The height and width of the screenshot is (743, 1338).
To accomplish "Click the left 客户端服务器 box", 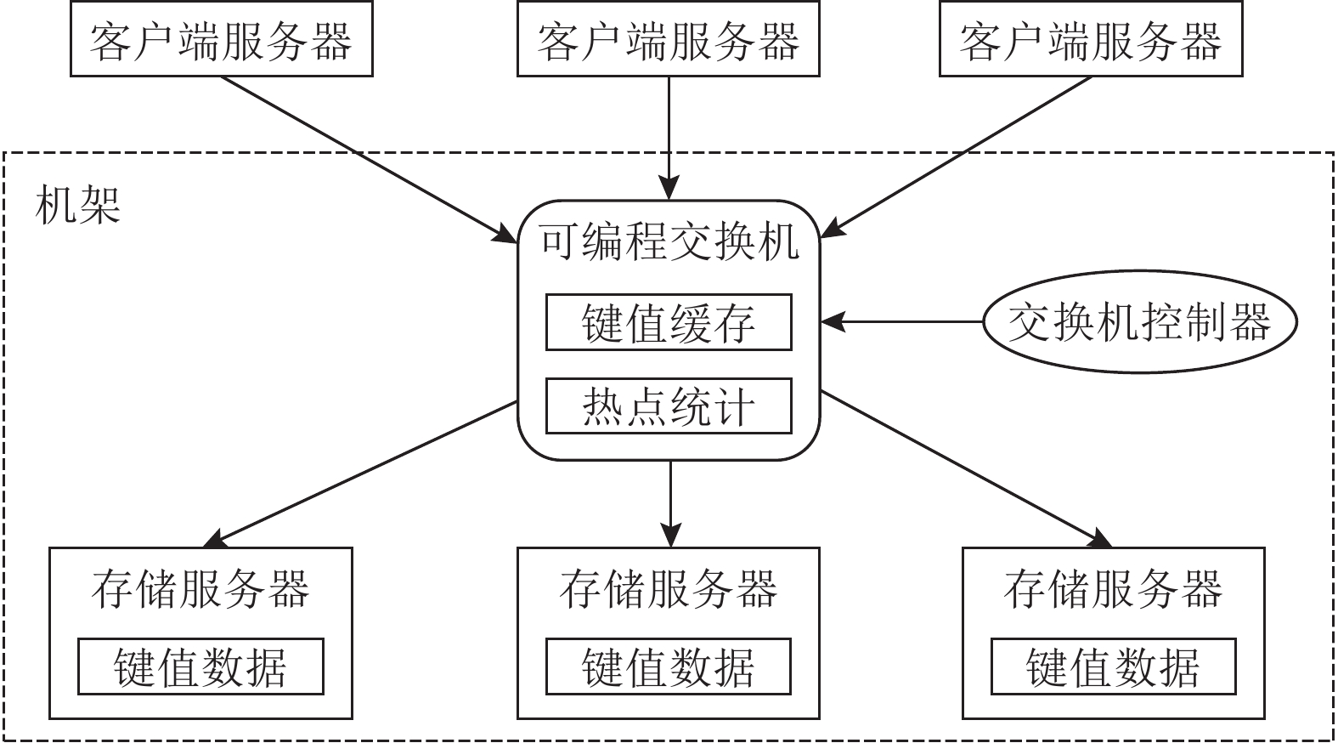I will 221,41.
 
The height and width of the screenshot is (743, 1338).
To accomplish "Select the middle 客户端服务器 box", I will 669,41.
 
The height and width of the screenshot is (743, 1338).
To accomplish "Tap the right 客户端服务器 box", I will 1091,41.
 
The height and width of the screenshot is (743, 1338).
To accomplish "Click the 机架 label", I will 78,205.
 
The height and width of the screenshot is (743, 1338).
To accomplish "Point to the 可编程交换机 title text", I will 669,241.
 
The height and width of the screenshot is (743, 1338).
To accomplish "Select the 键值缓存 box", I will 669,322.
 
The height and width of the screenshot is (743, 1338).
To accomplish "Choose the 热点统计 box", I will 669,406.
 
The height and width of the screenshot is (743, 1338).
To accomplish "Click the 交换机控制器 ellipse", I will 1139,322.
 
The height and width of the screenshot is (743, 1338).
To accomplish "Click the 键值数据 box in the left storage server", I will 200,666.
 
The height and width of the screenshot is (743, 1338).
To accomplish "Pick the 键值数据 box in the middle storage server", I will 669,666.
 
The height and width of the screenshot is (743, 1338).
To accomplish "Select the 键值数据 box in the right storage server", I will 1113,666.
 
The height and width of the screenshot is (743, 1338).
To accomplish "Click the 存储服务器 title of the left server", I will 200,589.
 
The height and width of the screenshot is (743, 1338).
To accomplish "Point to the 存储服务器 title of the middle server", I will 669,589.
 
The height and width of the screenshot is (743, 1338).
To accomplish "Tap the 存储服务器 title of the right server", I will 1113,589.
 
